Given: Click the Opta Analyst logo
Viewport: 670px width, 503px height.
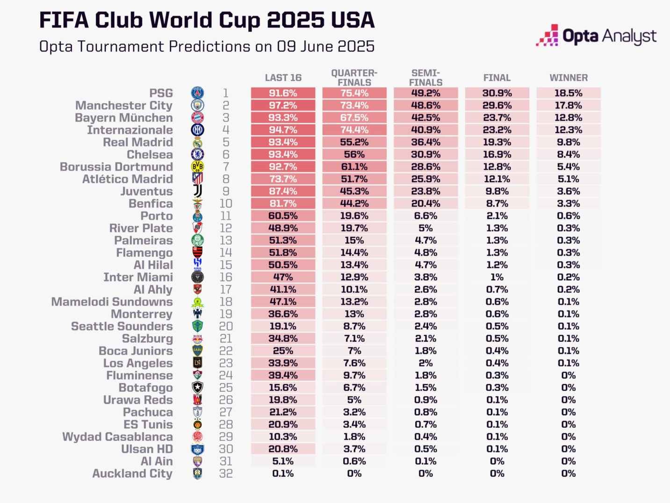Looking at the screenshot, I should coord(596,36).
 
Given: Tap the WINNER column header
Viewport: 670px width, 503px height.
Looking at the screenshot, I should coord(569,78).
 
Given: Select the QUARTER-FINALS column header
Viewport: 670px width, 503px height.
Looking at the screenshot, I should coord(354,78).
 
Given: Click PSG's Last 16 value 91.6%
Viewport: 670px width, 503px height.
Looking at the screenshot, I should coord(283,93).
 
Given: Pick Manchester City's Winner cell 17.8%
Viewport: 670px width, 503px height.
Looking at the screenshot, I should coord(569,105).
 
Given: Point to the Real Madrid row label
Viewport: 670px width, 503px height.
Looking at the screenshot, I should coord(138,142).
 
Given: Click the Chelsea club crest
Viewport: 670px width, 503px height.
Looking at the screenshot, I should coord(197,154).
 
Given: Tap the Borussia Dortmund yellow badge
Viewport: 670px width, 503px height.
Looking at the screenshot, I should coord(197,167).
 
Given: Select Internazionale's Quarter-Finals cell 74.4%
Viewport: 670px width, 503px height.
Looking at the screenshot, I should coord(354,130).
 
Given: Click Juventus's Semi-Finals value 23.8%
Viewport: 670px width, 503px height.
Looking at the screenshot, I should coord(425,191).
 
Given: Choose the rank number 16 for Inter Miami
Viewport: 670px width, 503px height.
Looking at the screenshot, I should coord(226,277).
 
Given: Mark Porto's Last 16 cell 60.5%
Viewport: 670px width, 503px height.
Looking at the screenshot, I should coord(283,216).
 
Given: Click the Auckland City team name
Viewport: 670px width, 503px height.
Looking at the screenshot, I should coord(132,474).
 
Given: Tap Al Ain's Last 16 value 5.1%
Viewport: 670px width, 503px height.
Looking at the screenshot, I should coord(283,461).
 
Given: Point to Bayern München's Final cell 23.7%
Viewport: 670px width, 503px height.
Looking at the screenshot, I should coord(497,117).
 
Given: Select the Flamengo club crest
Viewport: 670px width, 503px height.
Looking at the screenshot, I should coord(197,253).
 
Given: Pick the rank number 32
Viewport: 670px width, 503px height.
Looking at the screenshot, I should coord(226,474).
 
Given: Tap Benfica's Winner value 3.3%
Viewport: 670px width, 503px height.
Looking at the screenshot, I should coord(569,204).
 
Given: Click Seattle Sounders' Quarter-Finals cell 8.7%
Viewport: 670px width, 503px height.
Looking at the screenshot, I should coord(354,326).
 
